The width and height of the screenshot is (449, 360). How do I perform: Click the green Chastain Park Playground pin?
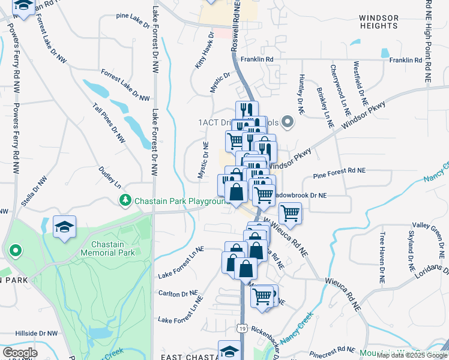point(125,200)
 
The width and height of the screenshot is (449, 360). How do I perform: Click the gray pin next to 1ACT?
point(287,122)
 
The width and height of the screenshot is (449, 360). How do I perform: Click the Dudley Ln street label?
point(110,178)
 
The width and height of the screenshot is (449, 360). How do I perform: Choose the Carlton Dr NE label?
point(177,294)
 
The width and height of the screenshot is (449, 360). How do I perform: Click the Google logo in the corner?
point(20,353)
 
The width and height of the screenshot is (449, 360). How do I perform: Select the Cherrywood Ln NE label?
point(340,89)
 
